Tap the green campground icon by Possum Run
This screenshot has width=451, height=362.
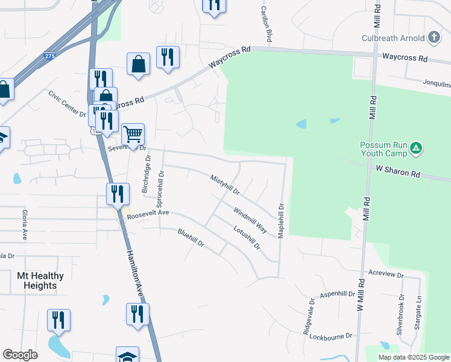coord(415,148)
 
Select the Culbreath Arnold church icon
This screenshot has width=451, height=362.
coord(433,38)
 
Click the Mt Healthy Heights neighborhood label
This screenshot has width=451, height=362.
coord(40,281)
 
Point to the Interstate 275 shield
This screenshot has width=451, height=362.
coord(49,56)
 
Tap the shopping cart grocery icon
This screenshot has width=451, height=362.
coord(133,134)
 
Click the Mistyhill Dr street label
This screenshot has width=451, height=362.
coord(225,186)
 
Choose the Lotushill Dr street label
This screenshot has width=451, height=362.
coord(247,237)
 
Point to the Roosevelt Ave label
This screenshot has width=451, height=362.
coord(148,214)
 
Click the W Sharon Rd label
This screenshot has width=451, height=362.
coord(397,173)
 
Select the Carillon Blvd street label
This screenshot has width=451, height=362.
coord(266,25)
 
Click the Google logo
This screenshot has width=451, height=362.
coord(20,355)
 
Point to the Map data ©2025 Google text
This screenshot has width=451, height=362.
coord(413,357)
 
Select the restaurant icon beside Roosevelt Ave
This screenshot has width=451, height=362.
coord(118,194)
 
